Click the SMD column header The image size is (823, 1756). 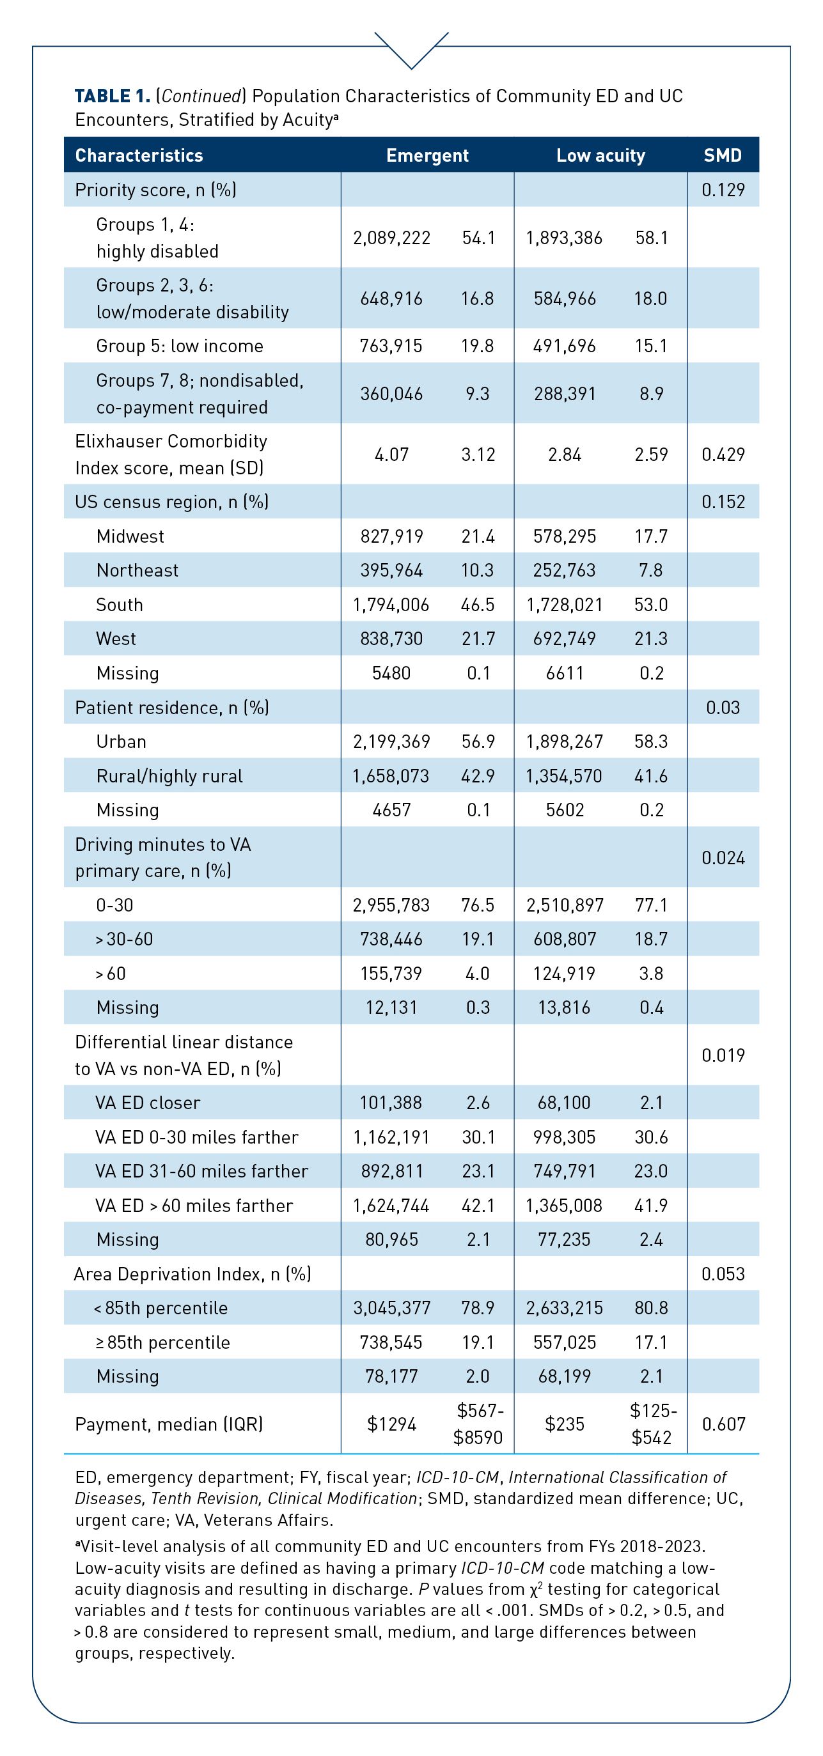click(722, 155)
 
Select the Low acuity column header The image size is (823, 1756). click(600, 155)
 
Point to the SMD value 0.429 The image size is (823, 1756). click(723, 455)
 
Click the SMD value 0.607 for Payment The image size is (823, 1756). click(723, 1424)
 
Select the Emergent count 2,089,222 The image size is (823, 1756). click(391, 238)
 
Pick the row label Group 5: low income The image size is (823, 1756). click(179, 346)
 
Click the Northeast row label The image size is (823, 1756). click(137, 571)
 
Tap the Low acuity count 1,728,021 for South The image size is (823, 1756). click(564, 605)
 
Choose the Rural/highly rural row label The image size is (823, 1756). click(169, 776)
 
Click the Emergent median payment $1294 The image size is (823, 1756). click(391, 1424)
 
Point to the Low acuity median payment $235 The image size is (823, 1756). click(565, 1424)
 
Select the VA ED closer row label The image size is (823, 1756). click(148, 1103)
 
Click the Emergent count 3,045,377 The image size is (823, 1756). click(391, 1307)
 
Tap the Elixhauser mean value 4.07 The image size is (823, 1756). click(391, 455)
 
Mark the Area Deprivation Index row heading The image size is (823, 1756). click(192, 1273)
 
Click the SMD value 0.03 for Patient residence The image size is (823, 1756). click(723, 708)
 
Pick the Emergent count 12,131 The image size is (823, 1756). click(391, 1007)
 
